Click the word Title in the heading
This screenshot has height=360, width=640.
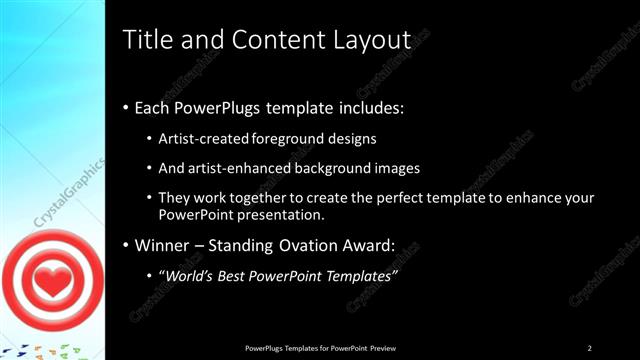(145, 40)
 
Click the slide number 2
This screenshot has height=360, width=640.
(590, 347)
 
